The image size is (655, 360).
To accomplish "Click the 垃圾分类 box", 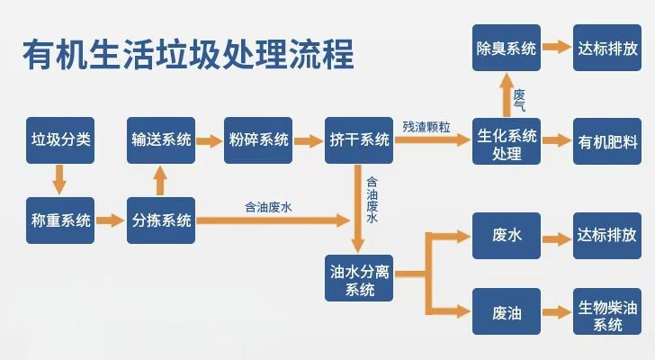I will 60,139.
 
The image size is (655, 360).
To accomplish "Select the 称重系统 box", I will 60,220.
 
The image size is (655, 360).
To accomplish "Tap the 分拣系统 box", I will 161,220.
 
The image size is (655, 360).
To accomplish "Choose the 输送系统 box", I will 161,139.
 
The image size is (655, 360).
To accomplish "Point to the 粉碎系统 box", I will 258,139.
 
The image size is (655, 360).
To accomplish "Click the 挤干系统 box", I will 359,139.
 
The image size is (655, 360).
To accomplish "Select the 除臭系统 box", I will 507,48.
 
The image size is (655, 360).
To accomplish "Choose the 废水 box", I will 507,236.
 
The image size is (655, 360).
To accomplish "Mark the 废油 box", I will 507,312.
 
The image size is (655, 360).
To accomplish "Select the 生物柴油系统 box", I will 607,312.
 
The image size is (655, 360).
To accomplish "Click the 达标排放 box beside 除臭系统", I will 607,48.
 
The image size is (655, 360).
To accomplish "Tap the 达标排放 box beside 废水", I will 607,236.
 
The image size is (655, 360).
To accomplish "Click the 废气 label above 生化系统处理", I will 520,99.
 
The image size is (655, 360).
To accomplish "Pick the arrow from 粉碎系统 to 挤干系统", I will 309,140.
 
